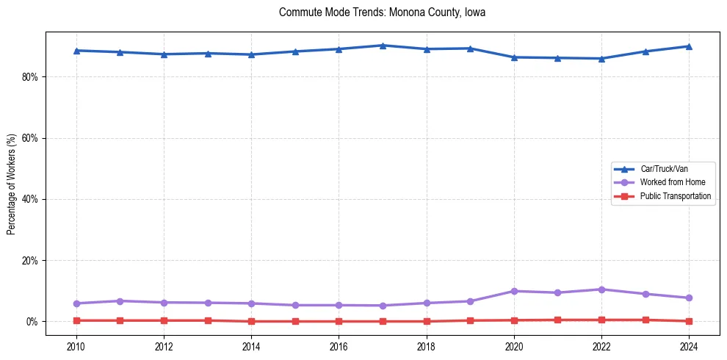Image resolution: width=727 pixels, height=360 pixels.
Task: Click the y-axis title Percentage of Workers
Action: click(11, 184)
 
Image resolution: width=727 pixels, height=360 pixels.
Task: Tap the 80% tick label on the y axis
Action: click(29, 76)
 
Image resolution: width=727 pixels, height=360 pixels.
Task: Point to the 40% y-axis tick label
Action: click(29, 199)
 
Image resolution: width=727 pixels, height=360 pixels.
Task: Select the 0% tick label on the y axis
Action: click(32, 322)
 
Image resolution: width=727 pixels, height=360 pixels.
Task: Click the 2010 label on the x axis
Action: click(76, 346)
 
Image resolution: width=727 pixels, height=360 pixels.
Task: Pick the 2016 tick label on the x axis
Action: click(339, 346)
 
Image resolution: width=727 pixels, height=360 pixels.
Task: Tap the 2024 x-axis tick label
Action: click(689, 346)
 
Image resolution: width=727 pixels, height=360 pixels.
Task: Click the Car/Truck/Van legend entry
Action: click(664, 169)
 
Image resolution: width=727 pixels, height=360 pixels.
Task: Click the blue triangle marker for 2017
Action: click(383, 46)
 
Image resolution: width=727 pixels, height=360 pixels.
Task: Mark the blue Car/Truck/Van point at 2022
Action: click(601, 59)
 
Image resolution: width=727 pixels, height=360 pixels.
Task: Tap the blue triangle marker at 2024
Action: click(689, 46)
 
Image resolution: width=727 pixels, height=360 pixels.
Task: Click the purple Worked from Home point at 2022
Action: click(601, 289)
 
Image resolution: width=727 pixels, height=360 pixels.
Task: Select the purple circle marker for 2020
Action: click(514, 291)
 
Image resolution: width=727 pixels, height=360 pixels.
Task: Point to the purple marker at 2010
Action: click(76, 303)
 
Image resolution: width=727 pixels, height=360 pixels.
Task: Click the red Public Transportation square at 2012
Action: click(164, 320)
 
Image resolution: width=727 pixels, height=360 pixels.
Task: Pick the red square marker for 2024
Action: click(689, 321)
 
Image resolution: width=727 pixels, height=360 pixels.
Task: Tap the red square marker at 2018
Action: click(427, 321)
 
